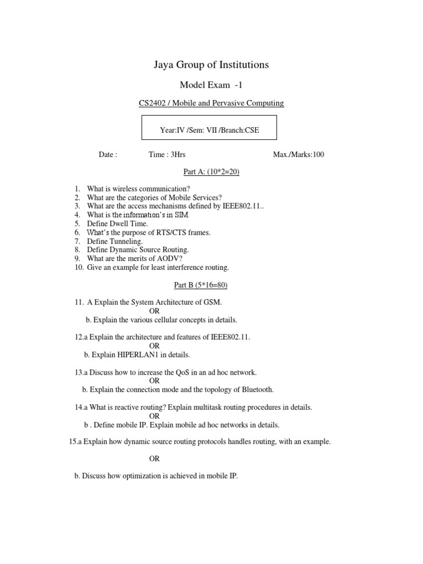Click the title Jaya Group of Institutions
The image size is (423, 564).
coord(211,65)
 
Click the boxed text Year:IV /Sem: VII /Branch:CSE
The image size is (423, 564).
coord(209,131)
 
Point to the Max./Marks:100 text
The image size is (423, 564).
coord(299,155)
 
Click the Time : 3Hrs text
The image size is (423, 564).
coord(171,155)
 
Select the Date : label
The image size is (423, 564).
coord(108,155)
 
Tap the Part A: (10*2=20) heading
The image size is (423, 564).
coord(211,172)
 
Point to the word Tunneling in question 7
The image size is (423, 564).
coord(126,241)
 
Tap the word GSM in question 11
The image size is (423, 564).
coord(213,302)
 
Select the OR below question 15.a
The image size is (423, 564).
coord(154,459)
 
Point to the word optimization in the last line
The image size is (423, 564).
coord(139,476)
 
